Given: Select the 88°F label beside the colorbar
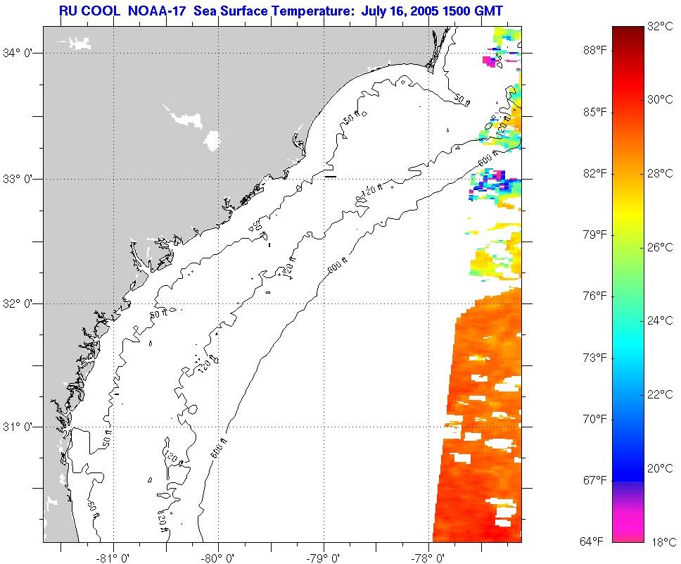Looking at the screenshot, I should (594, 51).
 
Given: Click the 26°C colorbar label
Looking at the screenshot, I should (660, 247).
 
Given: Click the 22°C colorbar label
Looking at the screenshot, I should (660, 394).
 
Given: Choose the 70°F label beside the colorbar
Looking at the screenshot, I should (594, 419).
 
